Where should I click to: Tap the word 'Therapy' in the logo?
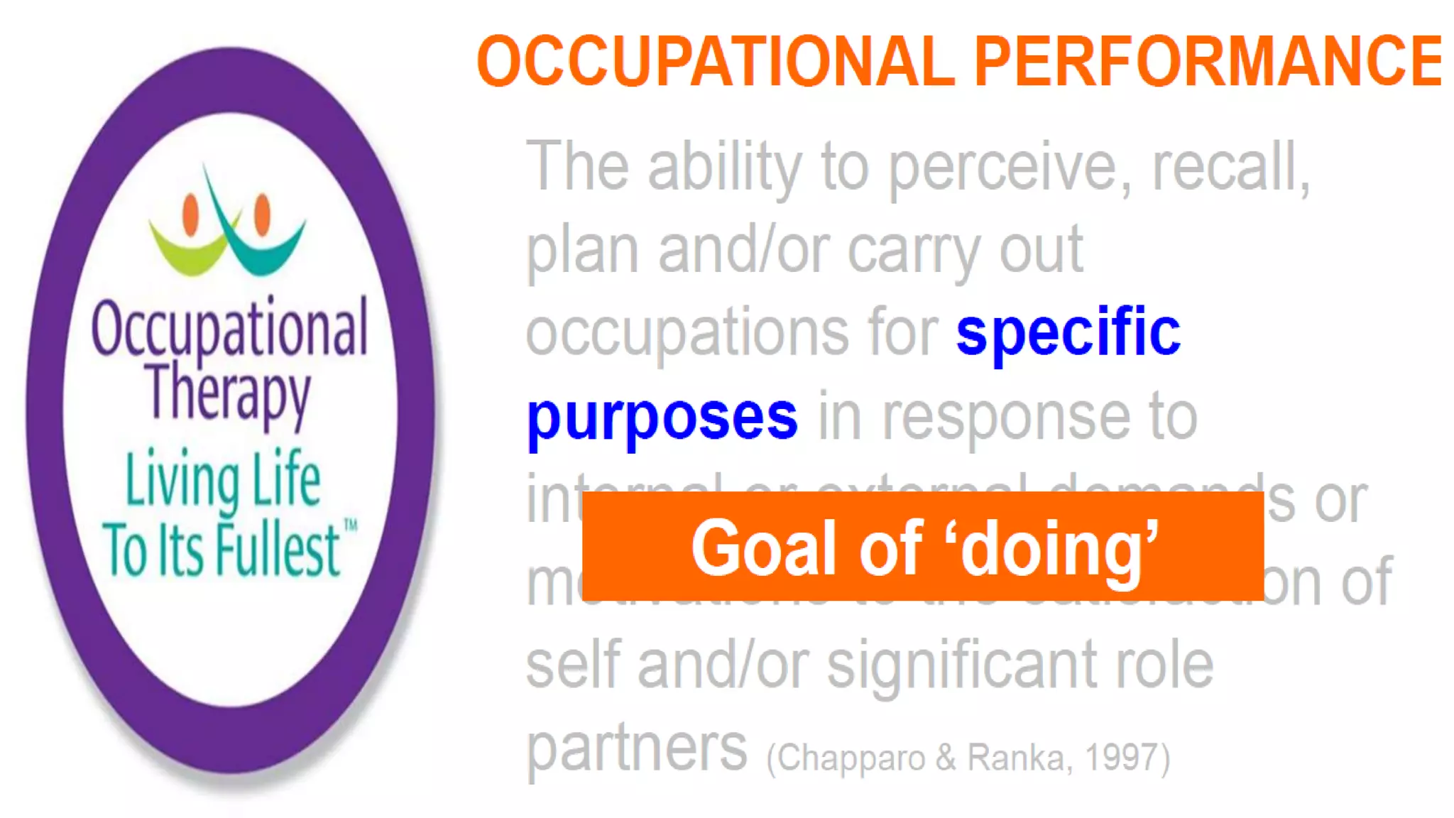point(229,393)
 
